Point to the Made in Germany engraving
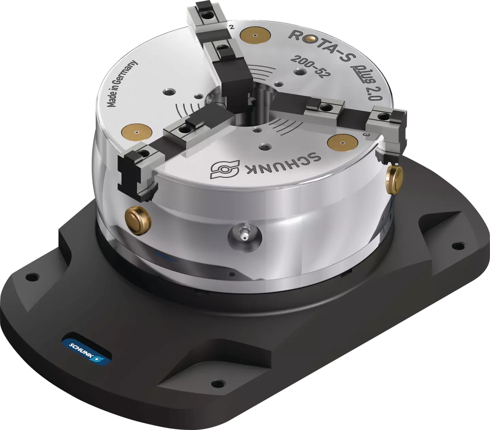(x=123, y=84)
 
